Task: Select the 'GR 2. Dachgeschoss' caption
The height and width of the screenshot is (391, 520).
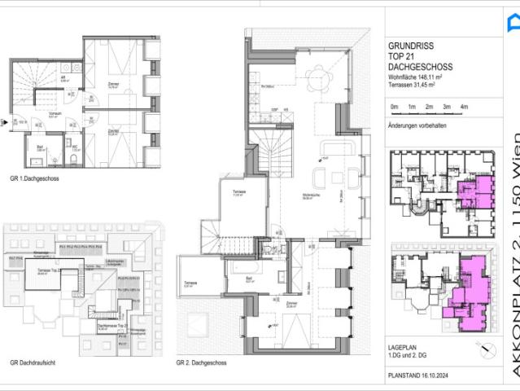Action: [x=201, y=362]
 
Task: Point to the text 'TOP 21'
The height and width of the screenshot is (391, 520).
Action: [x=400, y=57]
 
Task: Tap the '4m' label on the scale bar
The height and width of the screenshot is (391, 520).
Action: [x=464, y=107]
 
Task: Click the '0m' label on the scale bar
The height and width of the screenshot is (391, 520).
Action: [x=394, y=107]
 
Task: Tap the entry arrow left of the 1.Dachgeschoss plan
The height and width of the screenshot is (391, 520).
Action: [x=5, y=123]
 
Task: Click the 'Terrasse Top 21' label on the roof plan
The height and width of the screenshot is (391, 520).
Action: [x=57, y=271]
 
